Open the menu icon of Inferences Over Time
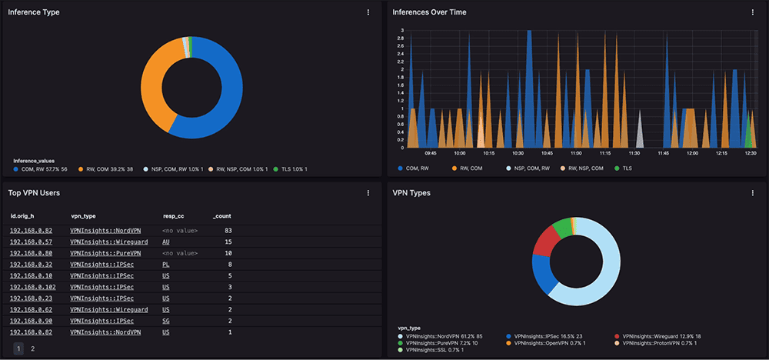pos(752,12)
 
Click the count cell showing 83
pos(228,231)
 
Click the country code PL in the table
pos(166,264)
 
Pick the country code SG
pos(166,320)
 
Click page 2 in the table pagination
pos(32,348)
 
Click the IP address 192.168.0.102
pos(32,286)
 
